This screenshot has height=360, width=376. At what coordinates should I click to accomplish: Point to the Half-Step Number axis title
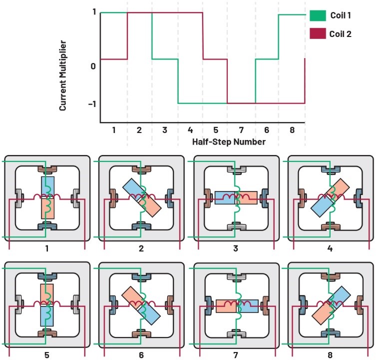pyautogui.click(x=229, y=142)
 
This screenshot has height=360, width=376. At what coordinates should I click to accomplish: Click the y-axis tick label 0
pyautogui.click(x=93, y=65)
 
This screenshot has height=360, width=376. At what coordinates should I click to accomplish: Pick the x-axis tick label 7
pyautogui.click(x=242, y=130)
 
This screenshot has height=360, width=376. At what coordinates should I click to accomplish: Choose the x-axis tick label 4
pyautogui.click(x=190, y=130)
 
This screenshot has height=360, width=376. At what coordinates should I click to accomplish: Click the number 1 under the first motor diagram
pyautogui.click(x=47, y=248)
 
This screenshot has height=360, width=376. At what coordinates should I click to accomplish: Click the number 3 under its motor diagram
pyautogui.click(x=236, y=248)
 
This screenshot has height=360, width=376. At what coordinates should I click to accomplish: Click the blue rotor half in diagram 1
pyautogui.click(x=47, y=186)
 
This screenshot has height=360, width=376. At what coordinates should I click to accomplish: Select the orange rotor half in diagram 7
pyautogui.click(x=226, y=305)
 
